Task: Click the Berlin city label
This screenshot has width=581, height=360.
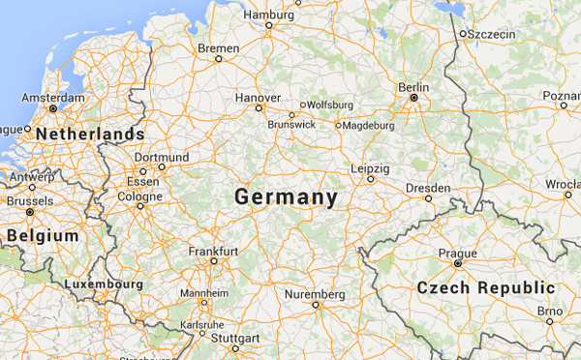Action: click(x=413, y=86)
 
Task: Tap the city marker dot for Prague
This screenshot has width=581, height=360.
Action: click(x=458, y=262)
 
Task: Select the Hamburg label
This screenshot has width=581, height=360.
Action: click(x=267, y=15)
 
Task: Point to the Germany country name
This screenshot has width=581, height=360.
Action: click(x=286, y=197)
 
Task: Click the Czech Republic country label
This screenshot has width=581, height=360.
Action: click(x=485, y=287)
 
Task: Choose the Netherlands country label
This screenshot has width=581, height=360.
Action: click(x=89, y=134)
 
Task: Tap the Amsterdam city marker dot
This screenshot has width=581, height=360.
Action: click(x=28, y=108)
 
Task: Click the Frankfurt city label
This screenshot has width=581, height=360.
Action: click(x=213, y=251)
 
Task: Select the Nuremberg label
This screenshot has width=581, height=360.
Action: click(x=315, y=293)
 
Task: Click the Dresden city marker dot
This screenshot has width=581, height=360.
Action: click(x=428, y=198)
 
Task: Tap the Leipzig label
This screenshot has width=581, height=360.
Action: click(x=370, y=168)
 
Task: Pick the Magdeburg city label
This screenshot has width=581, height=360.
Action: click(x=369, y=125)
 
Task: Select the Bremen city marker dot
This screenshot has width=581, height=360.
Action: click(x=219, y=58)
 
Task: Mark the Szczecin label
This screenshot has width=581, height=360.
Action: click(x=494, y=34)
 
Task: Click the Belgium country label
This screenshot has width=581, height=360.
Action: click(x=42, y=235)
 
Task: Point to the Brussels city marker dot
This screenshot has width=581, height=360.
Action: click(x=30, y=211)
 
